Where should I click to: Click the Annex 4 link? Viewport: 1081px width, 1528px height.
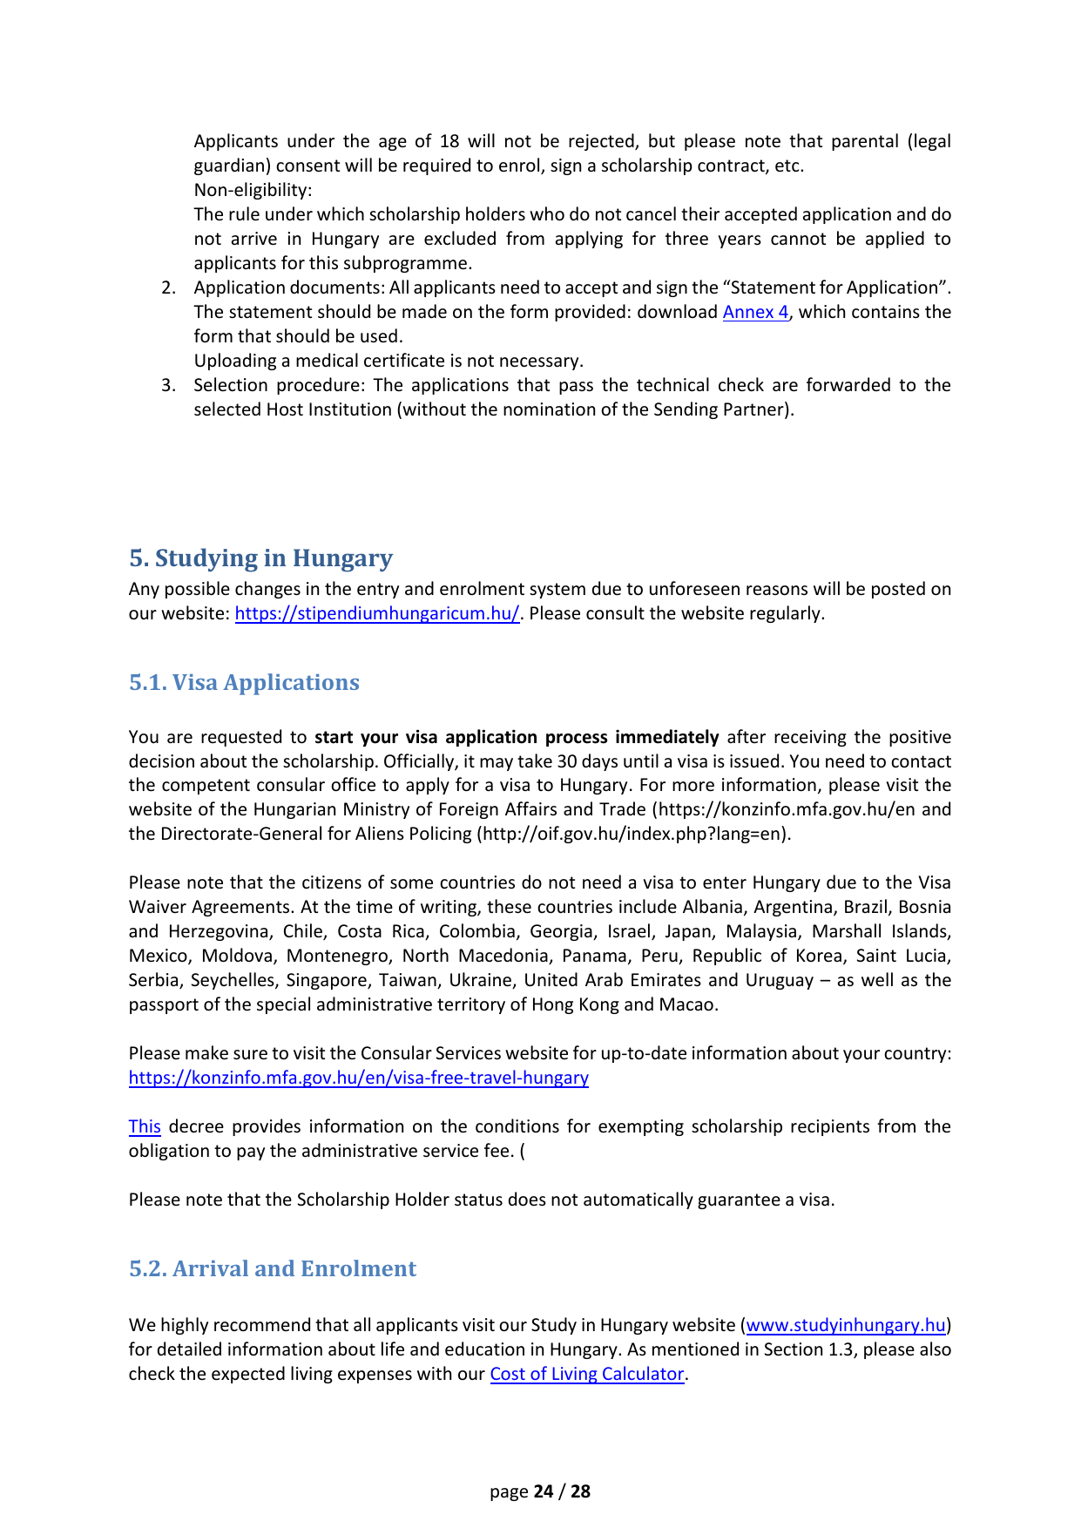click(x=755, y=312)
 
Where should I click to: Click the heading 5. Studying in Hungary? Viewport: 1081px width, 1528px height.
click(x=260, y=558)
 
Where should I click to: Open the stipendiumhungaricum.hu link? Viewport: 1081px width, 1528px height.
click(x=377, y=613)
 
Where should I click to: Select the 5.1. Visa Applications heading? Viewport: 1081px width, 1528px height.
click(x=244, y=682)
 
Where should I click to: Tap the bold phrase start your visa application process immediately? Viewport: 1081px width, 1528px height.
click(x=517, y=737)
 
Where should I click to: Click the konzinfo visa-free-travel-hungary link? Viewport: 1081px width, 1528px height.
click(x=358, y=1078)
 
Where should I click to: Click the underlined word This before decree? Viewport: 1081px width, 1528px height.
click(x=145, y=1126)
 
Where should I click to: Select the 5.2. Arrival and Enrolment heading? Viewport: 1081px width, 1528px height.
click(x=273, y=1268)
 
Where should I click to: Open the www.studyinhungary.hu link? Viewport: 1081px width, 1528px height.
click(x=846, y=1325)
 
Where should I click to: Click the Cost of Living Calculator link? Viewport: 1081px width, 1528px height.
click(x=587, y=1374)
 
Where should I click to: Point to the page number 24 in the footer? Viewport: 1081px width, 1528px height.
click(x=544, y=1491)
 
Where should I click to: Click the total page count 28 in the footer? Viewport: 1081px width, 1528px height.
click(x=580, y=1491)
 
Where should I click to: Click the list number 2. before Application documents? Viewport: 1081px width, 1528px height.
click(x=169, y=287)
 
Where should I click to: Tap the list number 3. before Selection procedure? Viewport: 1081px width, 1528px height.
click(x=169, y=385)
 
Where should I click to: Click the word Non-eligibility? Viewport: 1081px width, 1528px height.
click(x=253, y=190)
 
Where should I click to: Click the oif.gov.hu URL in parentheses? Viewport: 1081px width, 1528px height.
click(x=633, y=834)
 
